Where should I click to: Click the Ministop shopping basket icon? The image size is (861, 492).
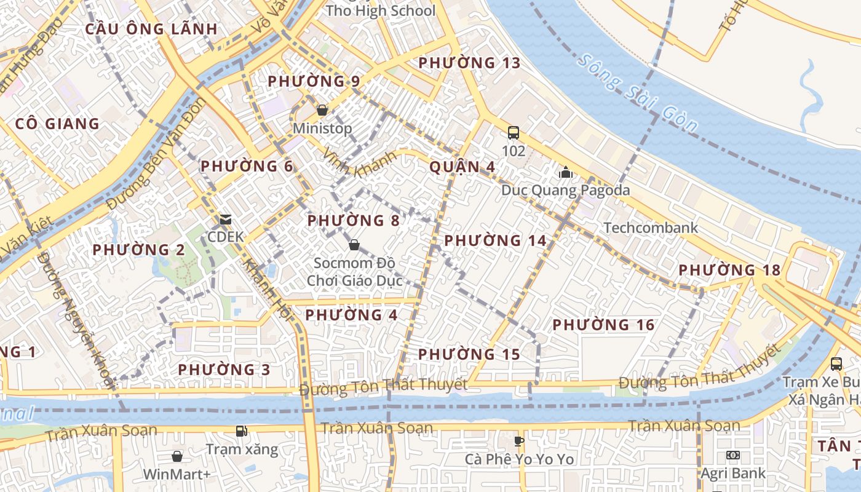tap(322, 111)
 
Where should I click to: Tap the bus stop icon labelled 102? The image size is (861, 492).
tap(513, 132)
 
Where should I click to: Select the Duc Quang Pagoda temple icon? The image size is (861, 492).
tap(566, 172)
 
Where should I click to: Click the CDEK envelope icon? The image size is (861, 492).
tap(226, 220)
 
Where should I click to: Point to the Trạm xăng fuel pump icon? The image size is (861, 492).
tap(242, 431)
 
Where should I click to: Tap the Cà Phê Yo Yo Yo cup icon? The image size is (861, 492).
tap(519, 440)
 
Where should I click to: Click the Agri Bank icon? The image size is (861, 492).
tap(733, 455)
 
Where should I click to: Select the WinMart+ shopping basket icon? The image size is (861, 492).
tap(177, 456)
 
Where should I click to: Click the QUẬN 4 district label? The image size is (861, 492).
tap(462, 167)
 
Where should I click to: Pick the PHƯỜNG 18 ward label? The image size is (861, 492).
tap(729, 270)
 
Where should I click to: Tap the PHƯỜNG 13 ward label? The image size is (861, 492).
tap(469, 63)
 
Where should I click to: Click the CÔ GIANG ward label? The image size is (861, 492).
tap(57, 124)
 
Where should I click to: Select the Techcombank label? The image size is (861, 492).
tap(651, 228)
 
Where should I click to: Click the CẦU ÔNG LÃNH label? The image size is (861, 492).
tap(151, 29)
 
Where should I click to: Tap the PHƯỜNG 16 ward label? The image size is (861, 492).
tap(603, 325)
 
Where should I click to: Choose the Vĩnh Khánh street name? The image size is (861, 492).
tap(360, 164)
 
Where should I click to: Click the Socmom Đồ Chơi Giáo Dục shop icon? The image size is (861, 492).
tap(354, 245)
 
